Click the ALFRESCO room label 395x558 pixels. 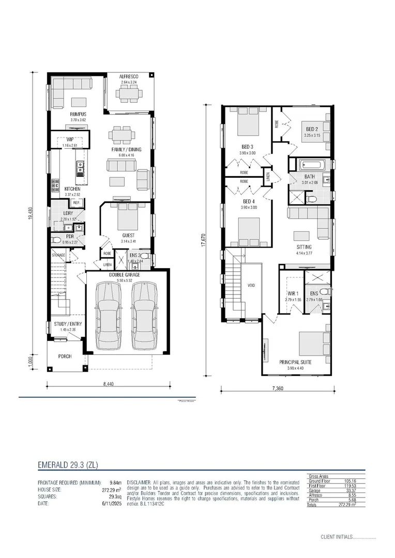[129, 76]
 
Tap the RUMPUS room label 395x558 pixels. [78, 114]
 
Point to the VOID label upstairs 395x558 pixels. [252, 284]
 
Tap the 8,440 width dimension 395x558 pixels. [109, 384]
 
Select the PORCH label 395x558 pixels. [65, 357]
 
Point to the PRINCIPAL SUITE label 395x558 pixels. [295, 362]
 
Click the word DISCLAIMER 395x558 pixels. [138, 481]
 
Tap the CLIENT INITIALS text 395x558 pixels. [336, 537]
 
